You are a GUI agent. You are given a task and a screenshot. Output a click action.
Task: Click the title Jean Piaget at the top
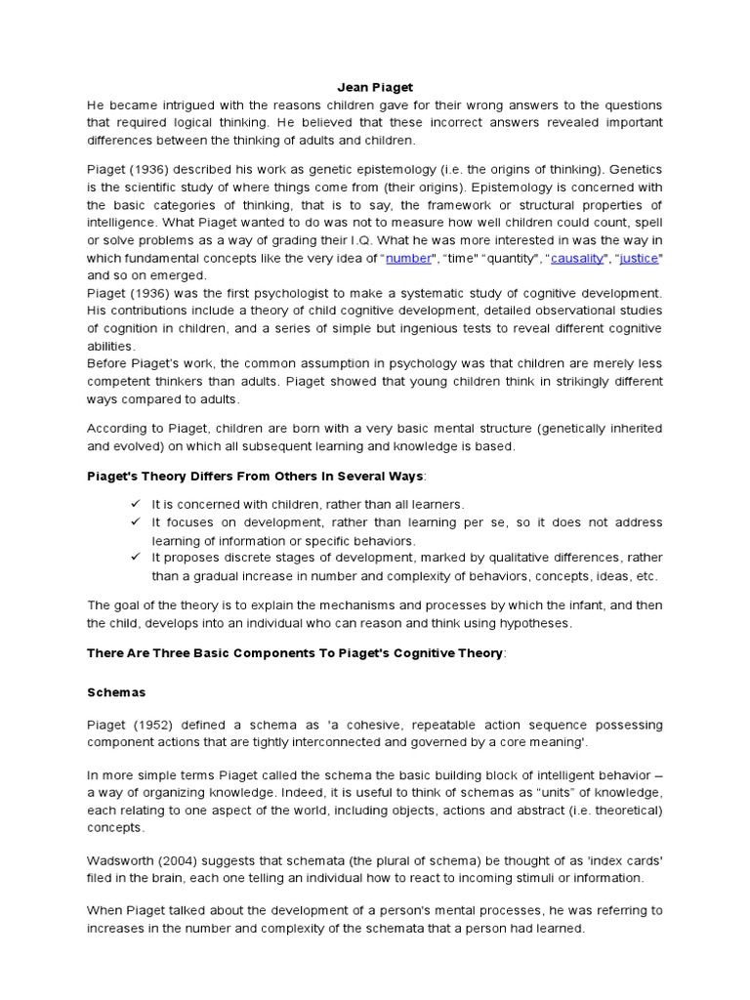(x=375, y=87)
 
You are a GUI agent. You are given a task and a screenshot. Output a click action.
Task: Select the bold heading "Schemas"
(x=116, y=691)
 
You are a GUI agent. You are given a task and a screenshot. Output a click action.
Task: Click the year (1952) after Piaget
(x=153, y=725)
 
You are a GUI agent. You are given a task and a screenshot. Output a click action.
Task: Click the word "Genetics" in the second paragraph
(x=632, y=170)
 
